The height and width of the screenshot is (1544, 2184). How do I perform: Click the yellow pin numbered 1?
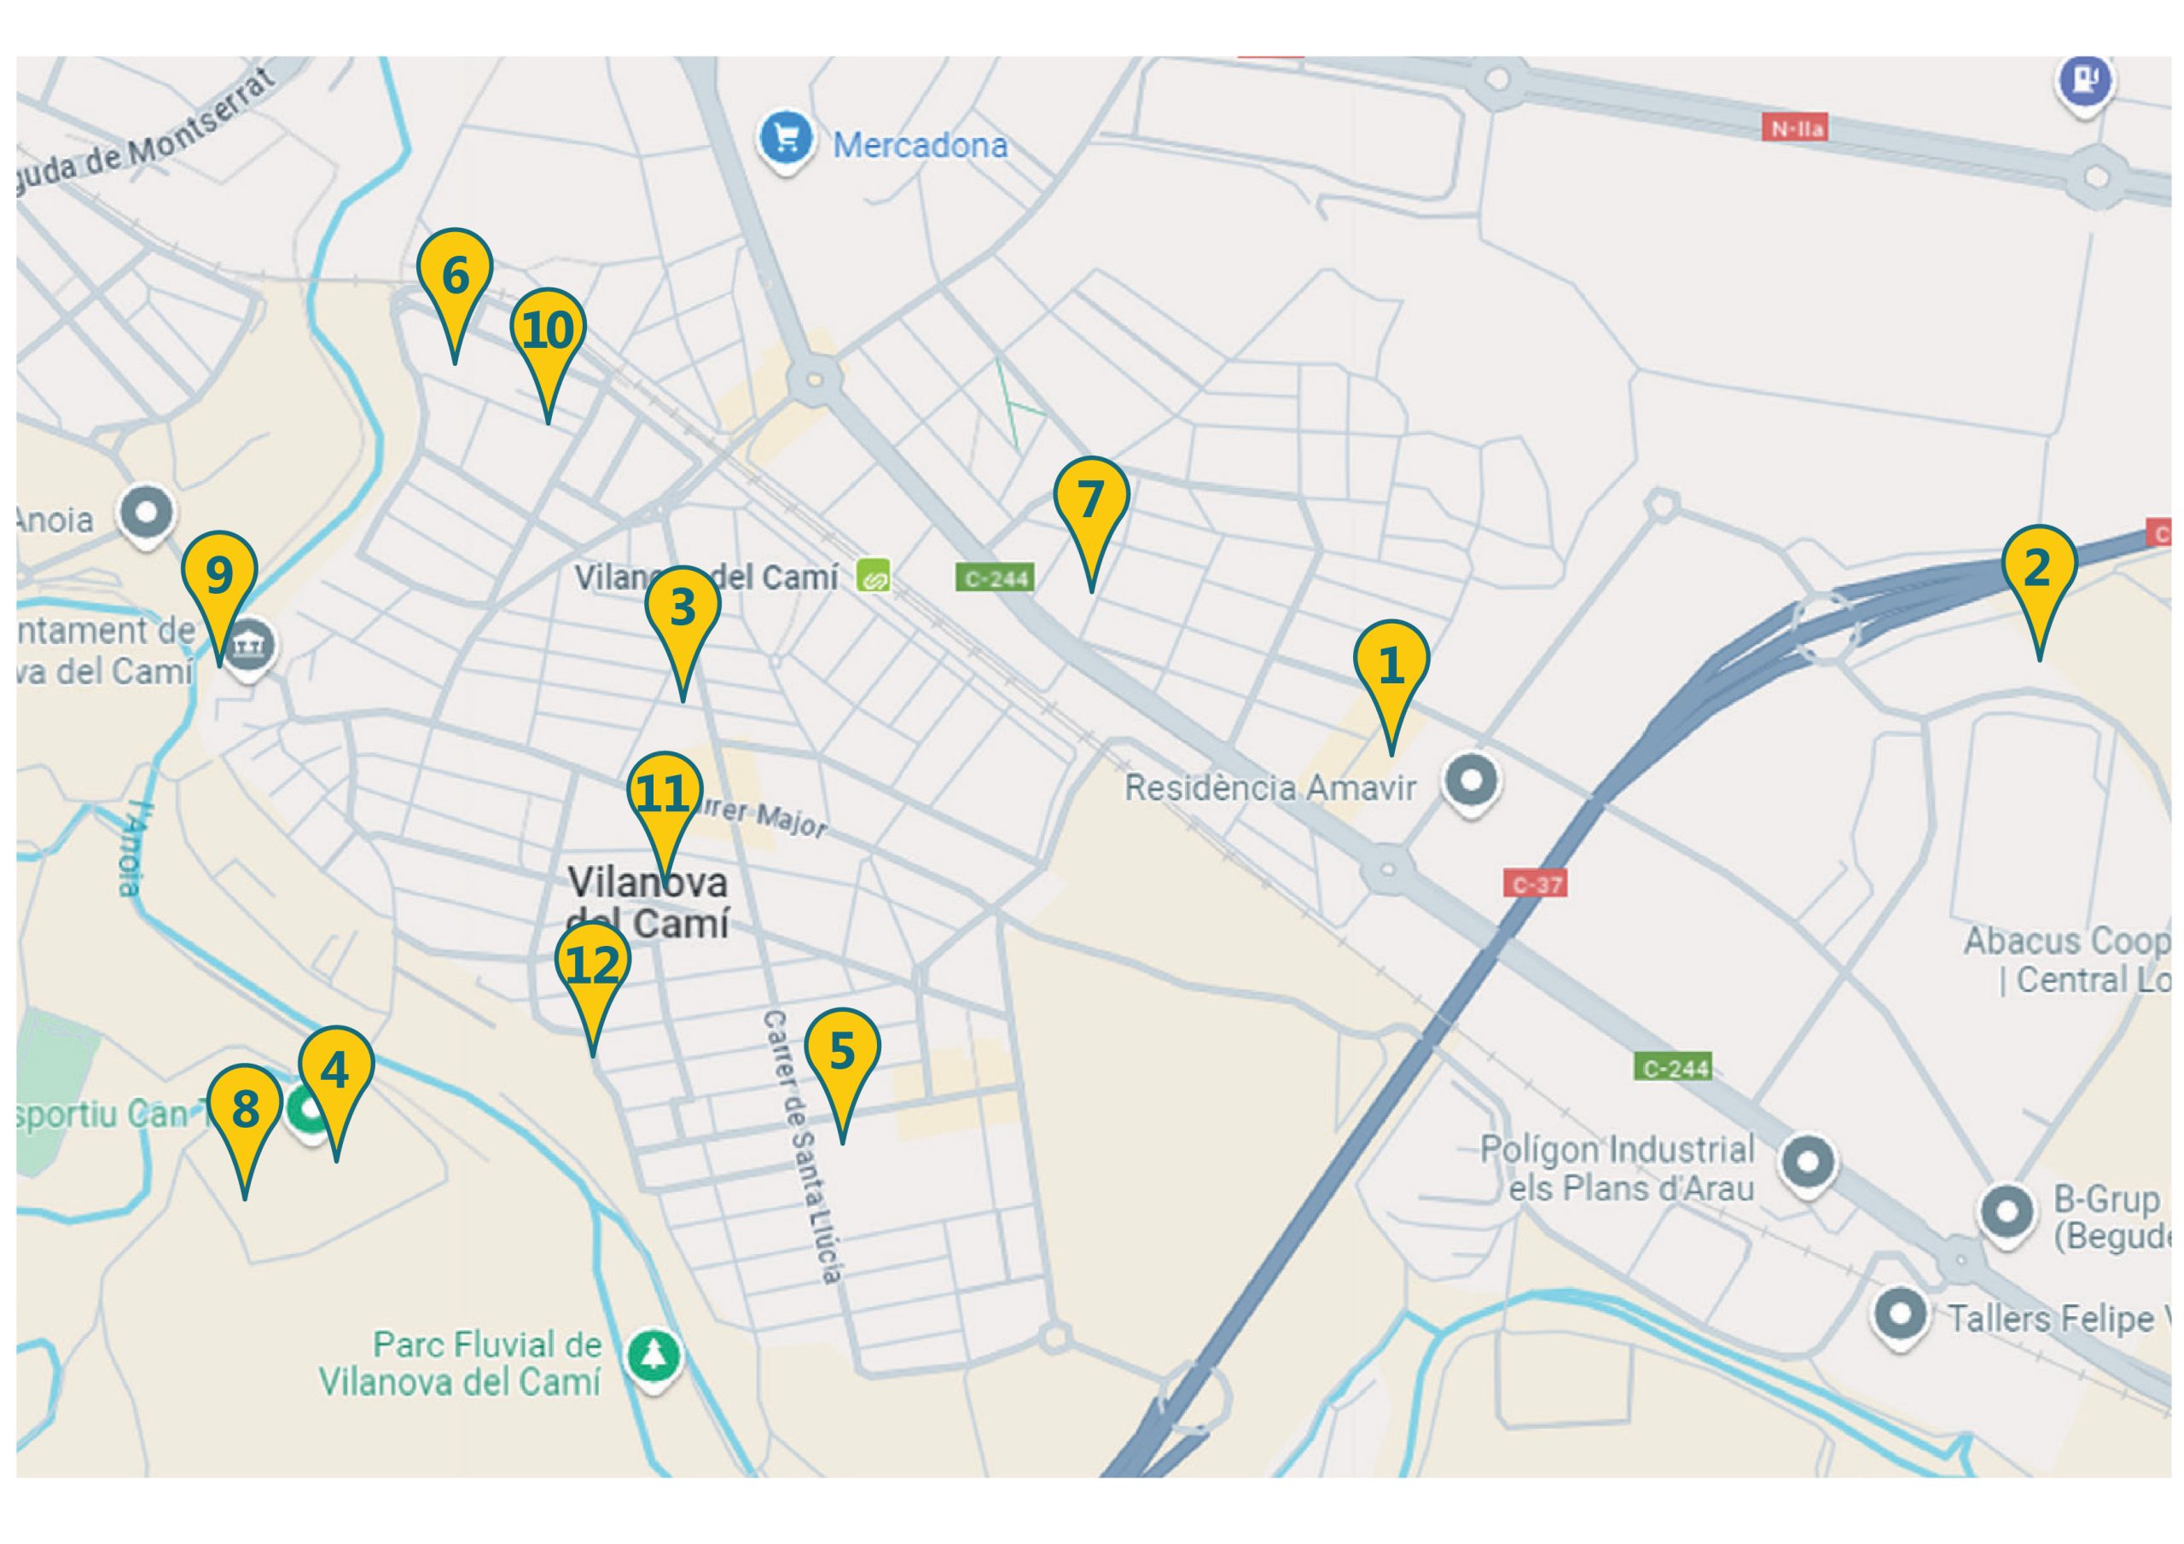pos(1391,666)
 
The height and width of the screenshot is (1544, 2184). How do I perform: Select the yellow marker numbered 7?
pos(1090,502)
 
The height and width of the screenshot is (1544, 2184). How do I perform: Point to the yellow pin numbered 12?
pos(593,966)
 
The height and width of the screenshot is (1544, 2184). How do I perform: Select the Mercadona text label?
pos(920,146)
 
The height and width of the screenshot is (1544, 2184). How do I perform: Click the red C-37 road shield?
pos(1536,885)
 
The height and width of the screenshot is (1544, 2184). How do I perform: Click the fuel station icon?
pos(2084,82)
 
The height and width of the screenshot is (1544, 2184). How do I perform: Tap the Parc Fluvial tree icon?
pos(653,1355)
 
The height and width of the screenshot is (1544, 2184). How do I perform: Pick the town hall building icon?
pos(250,647)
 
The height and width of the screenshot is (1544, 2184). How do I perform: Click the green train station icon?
pos(872,576)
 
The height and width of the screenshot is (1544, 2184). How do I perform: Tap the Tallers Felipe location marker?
pos(1900,1315)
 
